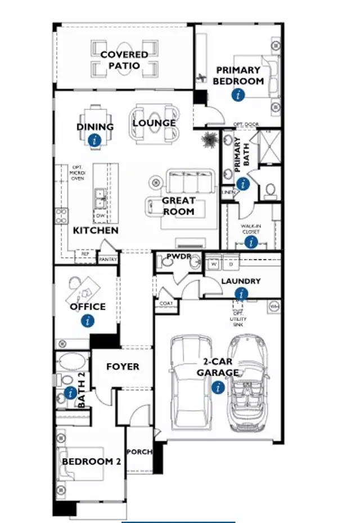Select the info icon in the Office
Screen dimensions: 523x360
tap(87, 321)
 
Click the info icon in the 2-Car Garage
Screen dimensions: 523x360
tap(218, 387)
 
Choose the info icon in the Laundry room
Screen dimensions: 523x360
tap(242, 293)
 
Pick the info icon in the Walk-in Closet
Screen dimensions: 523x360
tap(250, 242)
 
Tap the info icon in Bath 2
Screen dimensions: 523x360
tap(70, 393)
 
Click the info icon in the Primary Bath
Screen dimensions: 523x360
tap(242, 184)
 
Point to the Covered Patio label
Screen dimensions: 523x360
tap(124, 60)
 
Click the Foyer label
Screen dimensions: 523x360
tap(123, 366)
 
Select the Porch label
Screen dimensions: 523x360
tap(139, 452)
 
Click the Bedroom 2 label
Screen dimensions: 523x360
tap(91, 462)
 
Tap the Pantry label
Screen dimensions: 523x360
tap(107, 260)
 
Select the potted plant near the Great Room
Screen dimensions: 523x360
tap(209, 140)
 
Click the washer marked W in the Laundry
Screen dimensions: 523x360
tap(214, 263)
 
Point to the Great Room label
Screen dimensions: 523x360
tap(178, 205)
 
